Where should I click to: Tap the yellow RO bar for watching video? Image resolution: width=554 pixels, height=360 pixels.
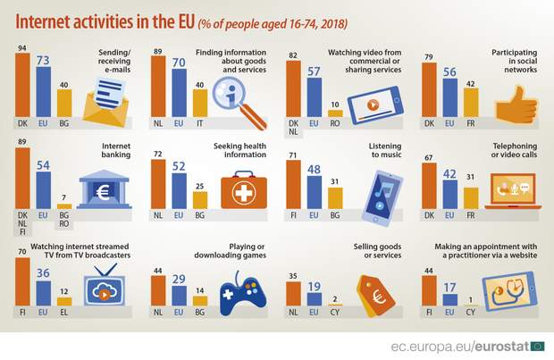335,113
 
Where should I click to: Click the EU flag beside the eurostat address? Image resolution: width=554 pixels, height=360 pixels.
537,345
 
